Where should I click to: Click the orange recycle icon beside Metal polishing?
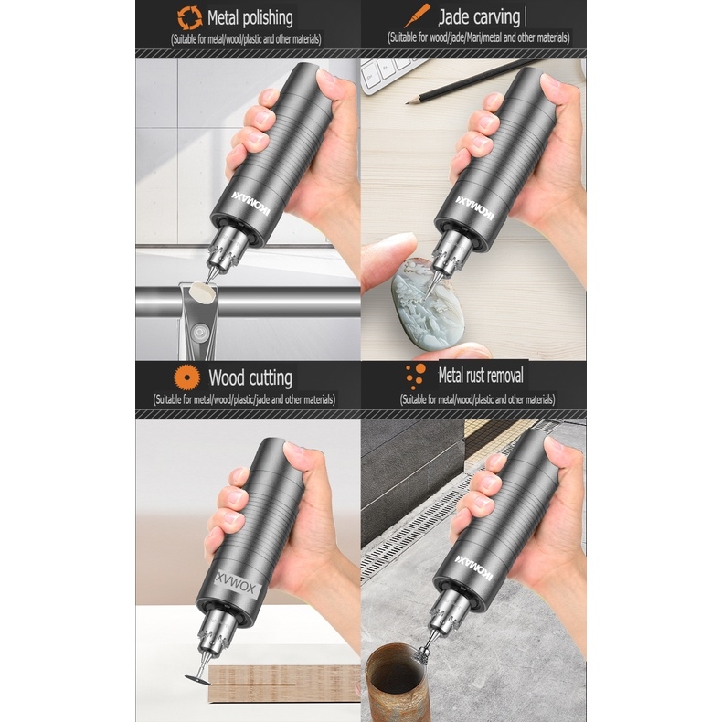(x=189, y=16)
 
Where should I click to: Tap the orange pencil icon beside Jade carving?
(x=420, y=16)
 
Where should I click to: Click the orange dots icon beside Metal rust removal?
(x=416, y=375)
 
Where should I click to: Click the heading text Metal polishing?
(x=250, y=17)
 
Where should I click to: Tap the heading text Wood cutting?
(x=250, y=377)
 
